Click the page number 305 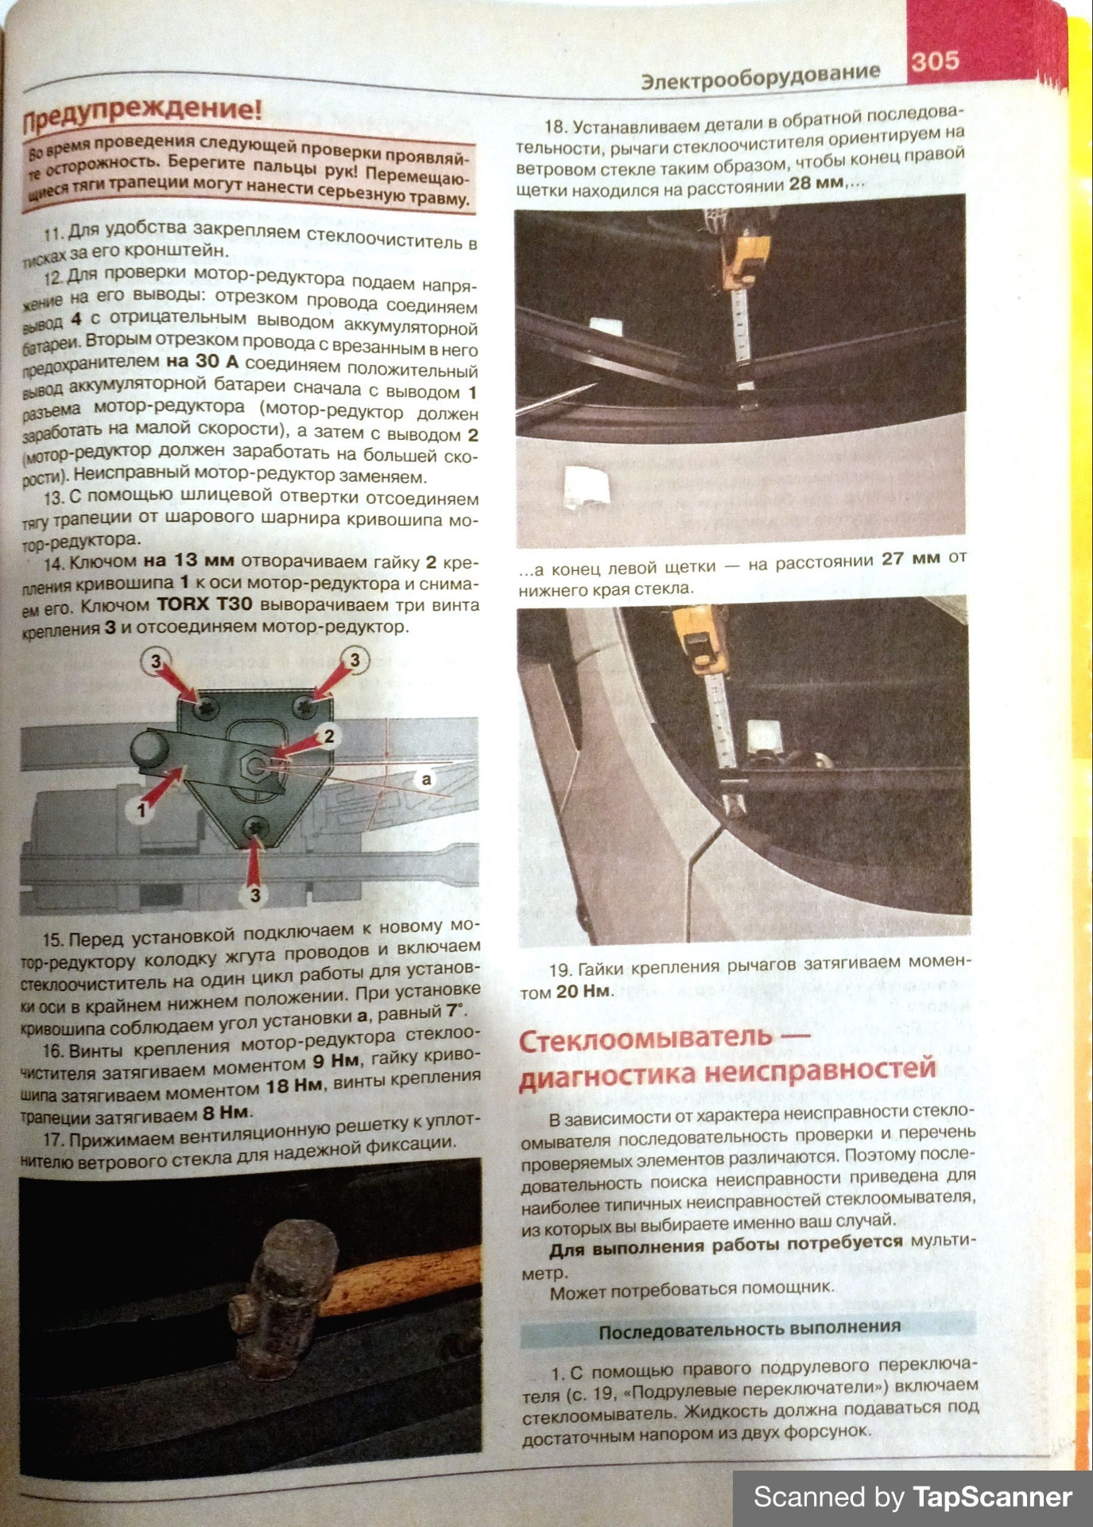[x=935, y=61]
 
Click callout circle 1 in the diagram [x=141, y=810]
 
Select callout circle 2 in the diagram [x=328, y=736]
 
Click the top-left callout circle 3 [x=156, y=661]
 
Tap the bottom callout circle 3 [x=254, y=896]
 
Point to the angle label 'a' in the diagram [x=427, y=779]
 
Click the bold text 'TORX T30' [x=204, y=604]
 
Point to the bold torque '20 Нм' [x=584, y=992]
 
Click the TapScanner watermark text [x=913, y=1497]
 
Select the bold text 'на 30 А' [x=203, y=362]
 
